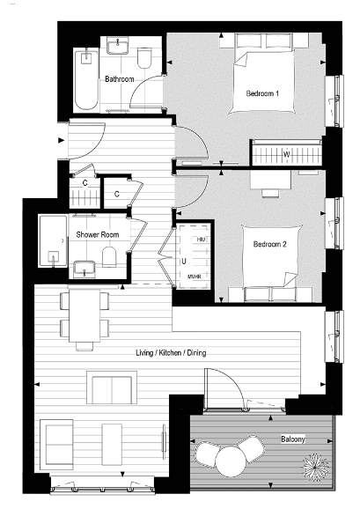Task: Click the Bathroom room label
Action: tap(119, 79)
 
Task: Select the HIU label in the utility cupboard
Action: tap(201, 240)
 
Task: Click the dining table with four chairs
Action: tap(85, 316)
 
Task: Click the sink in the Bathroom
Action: tap(116, 48)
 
